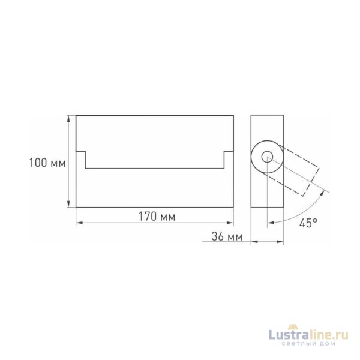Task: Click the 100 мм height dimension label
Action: click(47, 162)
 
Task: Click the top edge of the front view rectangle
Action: click(154, 115)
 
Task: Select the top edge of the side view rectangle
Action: click(268, 115)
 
